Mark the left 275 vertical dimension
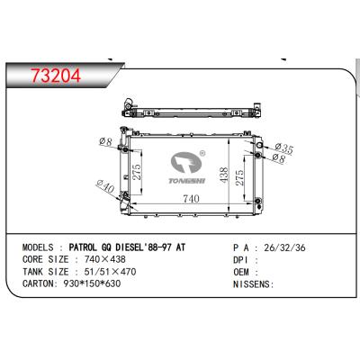(x=137, y=173)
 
